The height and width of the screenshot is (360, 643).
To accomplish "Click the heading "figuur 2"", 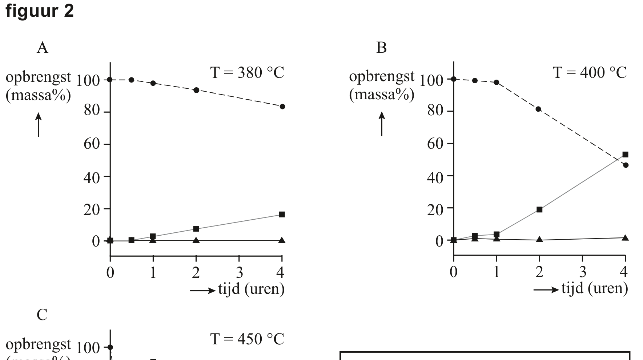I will point(40,11).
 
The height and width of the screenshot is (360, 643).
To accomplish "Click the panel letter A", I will point(43,48).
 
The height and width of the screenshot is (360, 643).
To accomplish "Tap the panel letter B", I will point(381,48).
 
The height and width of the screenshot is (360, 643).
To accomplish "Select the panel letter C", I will point(42,315).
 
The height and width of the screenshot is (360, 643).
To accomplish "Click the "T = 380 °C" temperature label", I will point(247,73).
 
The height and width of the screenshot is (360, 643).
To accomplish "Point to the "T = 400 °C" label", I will point(590,73).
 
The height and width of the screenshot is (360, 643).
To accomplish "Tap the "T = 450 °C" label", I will point(247,339).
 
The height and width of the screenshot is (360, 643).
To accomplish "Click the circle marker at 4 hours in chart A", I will point(282,107).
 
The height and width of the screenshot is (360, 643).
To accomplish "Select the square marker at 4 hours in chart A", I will point(282,215).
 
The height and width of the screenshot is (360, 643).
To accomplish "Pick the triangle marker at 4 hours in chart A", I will point(282,240).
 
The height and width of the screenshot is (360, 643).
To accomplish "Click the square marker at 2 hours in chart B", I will point(539,209).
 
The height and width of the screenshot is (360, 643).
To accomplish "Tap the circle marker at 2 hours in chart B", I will point(538,109).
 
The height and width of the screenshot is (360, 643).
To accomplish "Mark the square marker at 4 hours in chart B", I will point(625,155).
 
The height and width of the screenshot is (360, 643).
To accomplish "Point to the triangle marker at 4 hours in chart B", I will point(625,238).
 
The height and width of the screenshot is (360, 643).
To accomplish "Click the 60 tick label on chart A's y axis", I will point(92,144).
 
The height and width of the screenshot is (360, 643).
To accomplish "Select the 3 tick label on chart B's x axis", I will point(583,272).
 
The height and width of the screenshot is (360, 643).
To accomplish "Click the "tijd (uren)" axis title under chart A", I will point(251,289).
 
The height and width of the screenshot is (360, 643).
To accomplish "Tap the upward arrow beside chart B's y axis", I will point(382,124).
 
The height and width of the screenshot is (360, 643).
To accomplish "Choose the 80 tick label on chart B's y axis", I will point(435,111).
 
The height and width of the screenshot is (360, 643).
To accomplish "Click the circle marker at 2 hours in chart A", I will point(196,90).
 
